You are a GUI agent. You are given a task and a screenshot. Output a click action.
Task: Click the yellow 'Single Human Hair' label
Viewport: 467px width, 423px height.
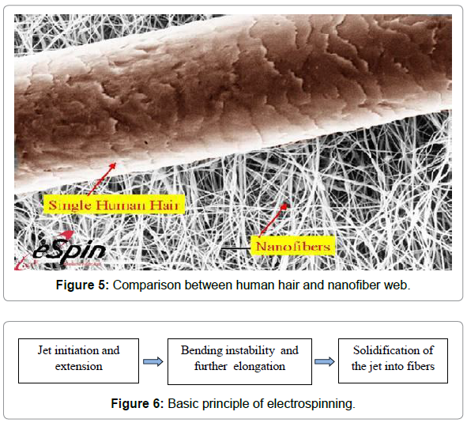(x=114, y=205)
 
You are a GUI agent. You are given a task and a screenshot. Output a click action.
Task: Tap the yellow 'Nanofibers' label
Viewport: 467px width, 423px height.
(x=293, y=246)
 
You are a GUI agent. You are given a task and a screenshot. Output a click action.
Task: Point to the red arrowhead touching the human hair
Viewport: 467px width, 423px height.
(x=112, y=166)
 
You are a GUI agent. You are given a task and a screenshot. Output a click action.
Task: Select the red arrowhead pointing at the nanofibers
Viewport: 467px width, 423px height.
(x=284, y=207)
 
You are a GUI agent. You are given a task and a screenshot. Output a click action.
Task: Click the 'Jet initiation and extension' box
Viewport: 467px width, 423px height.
(x=79, y=361)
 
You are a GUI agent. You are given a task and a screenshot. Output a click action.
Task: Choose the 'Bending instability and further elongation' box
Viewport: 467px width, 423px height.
(x=239, y=361)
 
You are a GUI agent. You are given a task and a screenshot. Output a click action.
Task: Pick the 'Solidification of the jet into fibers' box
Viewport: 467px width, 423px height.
(x=393, y=361)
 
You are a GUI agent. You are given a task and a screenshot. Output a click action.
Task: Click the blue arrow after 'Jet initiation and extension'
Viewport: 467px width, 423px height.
(x=153, y=361)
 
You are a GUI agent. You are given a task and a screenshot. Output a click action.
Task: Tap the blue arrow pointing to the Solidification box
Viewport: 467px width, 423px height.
(x=325, y=361)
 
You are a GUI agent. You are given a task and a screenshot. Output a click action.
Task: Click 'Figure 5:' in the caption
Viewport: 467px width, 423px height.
(x=82, y=285)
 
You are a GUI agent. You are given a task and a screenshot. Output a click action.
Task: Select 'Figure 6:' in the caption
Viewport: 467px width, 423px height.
(x=137, y=403)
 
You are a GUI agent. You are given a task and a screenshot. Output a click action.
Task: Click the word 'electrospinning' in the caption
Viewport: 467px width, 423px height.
(x=311, y=404)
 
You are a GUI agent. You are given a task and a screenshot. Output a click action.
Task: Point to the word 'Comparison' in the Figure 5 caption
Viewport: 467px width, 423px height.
(x=147, y=285)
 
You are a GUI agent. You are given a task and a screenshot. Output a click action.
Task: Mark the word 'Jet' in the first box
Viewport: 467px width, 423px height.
(x=44, y=350)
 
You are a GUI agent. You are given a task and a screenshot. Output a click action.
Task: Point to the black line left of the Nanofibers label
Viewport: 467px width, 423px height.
(x=235, y=248)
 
